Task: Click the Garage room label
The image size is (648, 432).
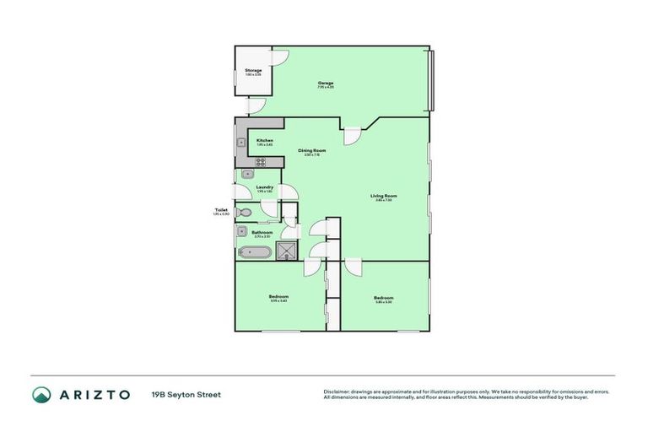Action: click(x=326, y=83)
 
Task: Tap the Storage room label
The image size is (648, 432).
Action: click(x=253, y=70)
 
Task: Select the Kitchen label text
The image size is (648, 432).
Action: click(x=265, y=140)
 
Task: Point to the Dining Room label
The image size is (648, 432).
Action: click(x=312, y=151)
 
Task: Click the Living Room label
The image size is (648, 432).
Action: click(x=384, y=196)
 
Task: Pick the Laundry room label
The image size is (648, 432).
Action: click(x=265, y=187)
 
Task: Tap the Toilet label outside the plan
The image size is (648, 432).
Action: click(x=222, y=210)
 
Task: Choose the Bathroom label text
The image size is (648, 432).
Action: click(x=262, y=232)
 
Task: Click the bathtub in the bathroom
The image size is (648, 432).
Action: click(x=255, y=251)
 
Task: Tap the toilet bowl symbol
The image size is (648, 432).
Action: click(x=243, y=213)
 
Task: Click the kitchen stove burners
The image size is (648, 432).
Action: click(x=261, y=161)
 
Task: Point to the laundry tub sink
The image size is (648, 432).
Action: click(x=247, y=175)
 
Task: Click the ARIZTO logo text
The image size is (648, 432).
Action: click(x=93, y=394)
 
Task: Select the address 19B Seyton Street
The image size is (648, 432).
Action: click(x=186, y=394)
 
